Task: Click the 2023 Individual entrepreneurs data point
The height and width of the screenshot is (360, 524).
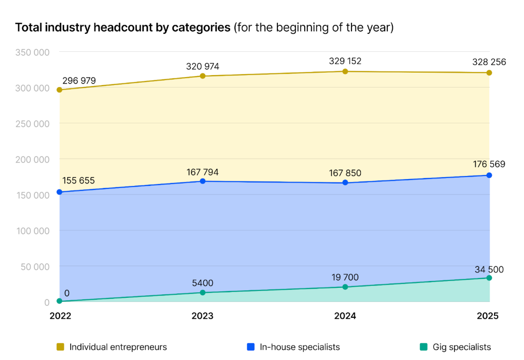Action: (x=202, y=76)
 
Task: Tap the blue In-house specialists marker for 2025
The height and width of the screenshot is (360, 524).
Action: (x=489, y=175)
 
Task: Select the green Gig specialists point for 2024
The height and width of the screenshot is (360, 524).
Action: (x=345, y=287)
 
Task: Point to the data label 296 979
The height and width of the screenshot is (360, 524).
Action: (x=79, y=81)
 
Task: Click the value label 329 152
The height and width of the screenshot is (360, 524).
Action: (x=345, y=61)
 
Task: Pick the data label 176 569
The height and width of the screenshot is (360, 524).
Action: (x=489, y=164)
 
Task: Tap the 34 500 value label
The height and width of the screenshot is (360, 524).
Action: (x=489, y=270)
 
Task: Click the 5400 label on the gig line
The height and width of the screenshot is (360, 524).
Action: (x=202, y=283)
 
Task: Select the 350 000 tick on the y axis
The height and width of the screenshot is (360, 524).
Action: (x=31, y=52)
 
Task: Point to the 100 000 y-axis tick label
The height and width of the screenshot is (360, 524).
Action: (x=31, y=231)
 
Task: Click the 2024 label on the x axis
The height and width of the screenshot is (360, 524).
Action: (x=345, y=316)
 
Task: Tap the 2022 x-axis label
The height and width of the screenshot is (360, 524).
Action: (x=60, y=316)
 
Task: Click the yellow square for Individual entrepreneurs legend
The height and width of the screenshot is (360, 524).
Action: (x=60, y=347)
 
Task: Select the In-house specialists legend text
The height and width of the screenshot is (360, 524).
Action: (x=300, y=347)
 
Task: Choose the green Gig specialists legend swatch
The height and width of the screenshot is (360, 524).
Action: (x=423, y=347)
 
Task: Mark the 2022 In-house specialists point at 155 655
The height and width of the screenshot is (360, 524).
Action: (x=60, y=192)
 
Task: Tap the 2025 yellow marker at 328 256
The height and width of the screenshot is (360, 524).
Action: (x=489, y=73)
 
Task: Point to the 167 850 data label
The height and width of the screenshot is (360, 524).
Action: (x=345, y=173)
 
